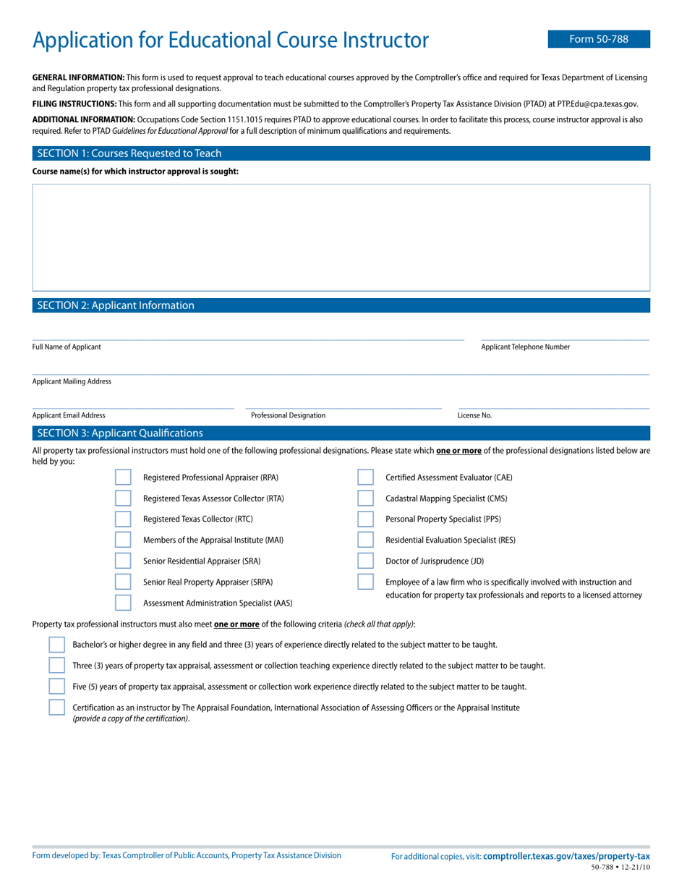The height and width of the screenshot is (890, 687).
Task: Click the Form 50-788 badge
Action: [x=599, y=39]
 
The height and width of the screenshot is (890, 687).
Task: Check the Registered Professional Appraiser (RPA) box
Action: [x=124, y=478]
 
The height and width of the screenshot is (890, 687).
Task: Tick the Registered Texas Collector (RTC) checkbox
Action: [x=124, y=519]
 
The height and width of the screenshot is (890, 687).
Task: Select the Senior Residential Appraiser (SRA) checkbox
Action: [x=124, y=561]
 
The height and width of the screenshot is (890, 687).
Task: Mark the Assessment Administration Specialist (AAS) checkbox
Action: [x=124, y=603]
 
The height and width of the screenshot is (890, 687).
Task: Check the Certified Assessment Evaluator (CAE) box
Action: [x=366, y=478]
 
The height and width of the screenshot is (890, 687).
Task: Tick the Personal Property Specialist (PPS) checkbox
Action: [x=366, y=519]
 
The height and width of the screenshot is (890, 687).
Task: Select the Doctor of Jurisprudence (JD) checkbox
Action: [x=366, y=561]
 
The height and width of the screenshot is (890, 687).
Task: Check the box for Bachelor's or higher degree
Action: [x=56, y=645]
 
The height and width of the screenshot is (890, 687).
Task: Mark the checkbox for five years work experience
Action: [x=56, y=687]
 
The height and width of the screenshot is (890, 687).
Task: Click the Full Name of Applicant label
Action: [x=67, y=347]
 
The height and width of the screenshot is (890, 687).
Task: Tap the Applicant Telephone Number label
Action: [x=525, y=347]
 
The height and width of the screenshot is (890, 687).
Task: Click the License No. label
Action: [x=474, y=415]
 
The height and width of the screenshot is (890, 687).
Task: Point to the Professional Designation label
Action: [x=288, y=415]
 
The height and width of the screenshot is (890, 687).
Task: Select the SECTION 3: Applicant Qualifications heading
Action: [x=120, y=433]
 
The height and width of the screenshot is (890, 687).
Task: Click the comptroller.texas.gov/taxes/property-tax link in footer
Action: [x=566, y=856]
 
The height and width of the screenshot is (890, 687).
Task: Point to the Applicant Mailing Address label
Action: [x=72, y=381]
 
